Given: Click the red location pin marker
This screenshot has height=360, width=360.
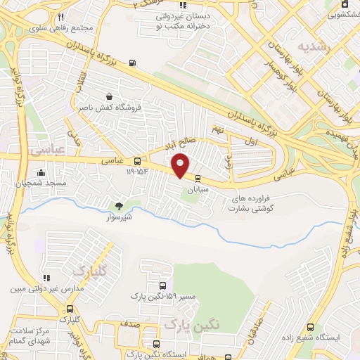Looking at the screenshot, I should (x=181, y=165).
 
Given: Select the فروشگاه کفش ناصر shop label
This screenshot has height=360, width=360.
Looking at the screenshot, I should (x=113, y=108).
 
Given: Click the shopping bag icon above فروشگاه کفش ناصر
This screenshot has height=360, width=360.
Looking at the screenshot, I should (x=108, y=97).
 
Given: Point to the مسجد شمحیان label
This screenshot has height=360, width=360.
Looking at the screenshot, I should (x=39, y=183).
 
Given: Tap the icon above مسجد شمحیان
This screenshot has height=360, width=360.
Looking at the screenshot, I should (x=41, y=172).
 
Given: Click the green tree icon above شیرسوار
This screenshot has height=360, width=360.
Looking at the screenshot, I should (x=118, y=206).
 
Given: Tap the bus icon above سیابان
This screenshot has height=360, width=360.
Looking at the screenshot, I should (x=198, y=179).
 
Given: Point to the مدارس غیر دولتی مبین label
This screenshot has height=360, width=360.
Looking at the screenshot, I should (x=47, y=288).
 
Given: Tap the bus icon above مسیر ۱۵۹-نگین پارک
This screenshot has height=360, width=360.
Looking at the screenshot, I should (x=163, y=286).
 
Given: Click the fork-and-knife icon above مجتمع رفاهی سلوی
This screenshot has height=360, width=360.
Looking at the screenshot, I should (x=61, y=18).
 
